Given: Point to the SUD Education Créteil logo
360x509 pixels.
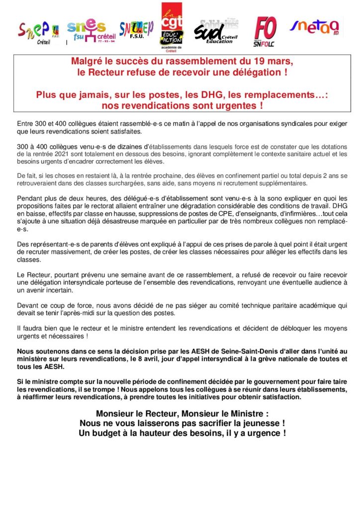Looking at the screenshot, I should point(216,32).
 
